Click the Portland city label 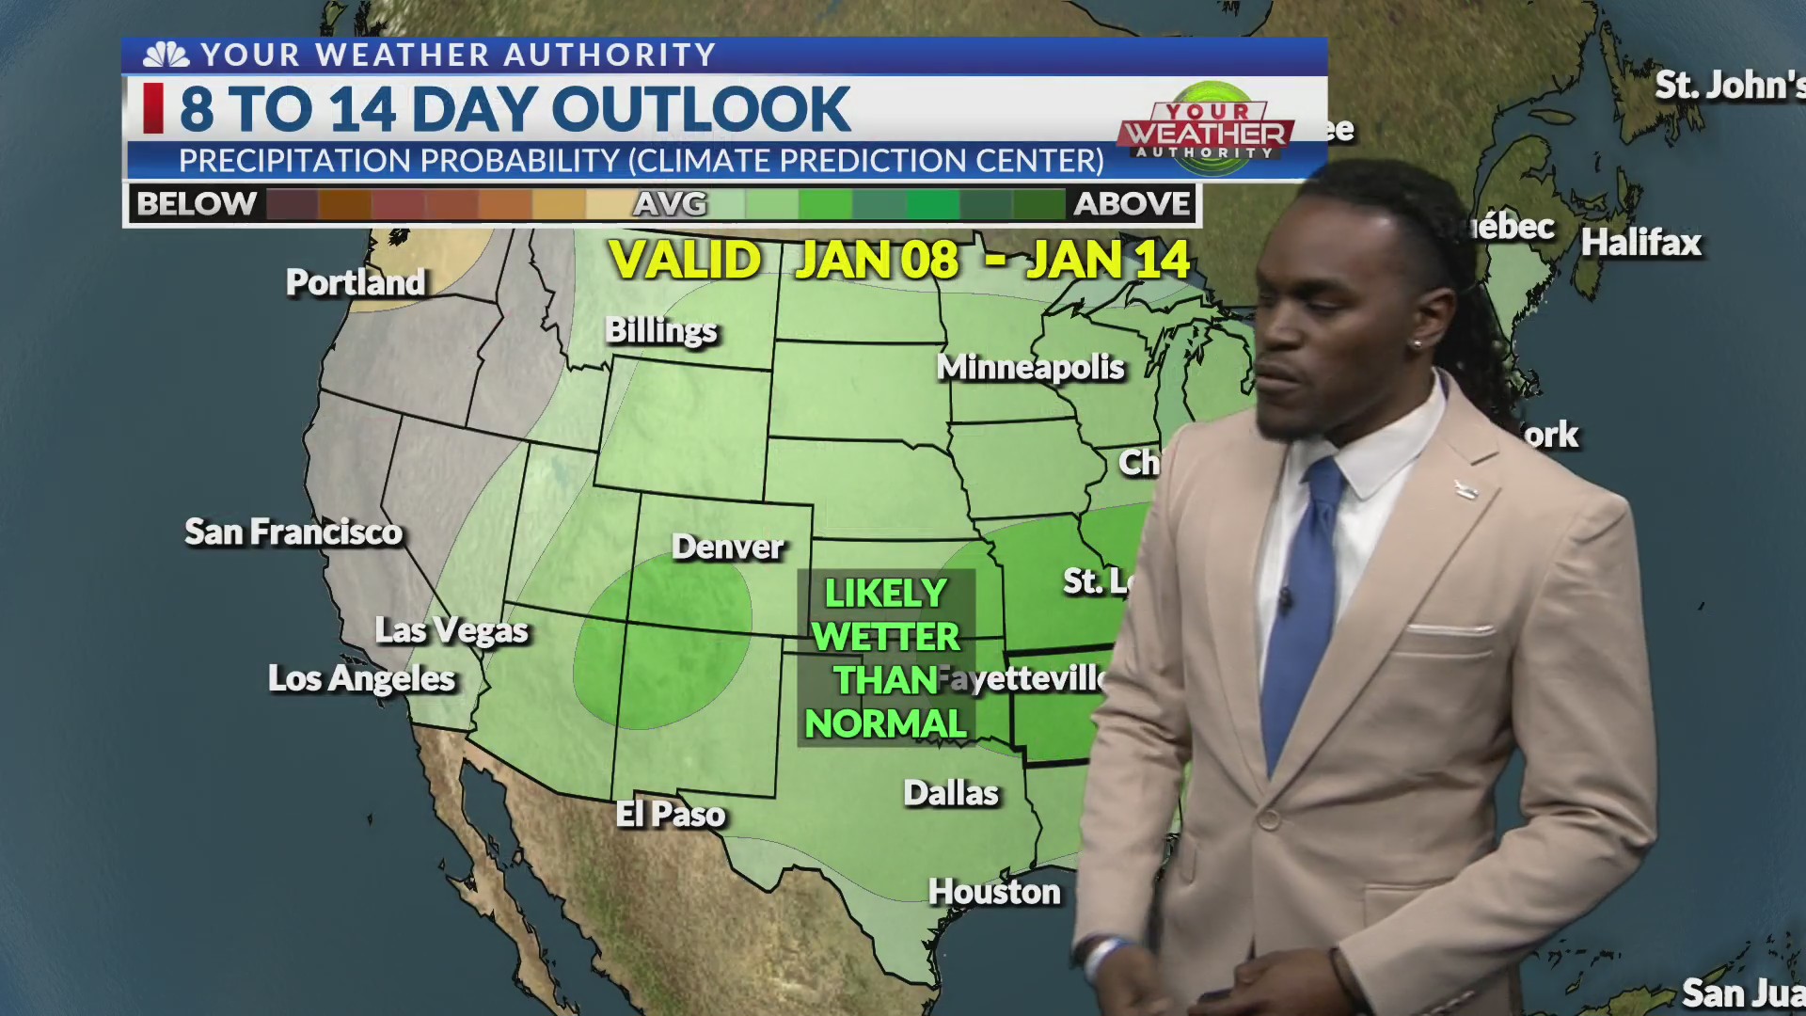(x=356, y=282)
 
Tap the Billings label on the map (x=660, y=330)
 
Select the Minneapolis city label (x=1030, y=367)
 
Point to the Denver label (x=727, y=547)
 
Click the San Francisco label (x=293, y=532)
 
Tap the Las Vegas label (x=451, y=630)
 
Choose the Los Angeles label (x=361, y=678)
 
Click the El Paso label (x=670, y=814)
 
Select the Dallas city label (x=951, y=793)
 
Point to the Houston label (x=994, y=892)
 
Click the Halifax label (x=1640, y=243)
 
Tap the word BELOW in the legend (x=197, y=204)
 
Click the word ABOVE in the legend (x=1132, y=204)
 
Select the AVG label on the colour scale (x=670, y=204)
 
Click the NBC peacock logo (x=166, y=56)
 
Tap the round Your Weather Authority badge (x=1211, y=129)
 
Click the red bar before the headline (x=153, y=108)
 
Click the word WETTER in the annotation (x=886, y=637)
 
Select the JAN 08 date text (x=877, y=261)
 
